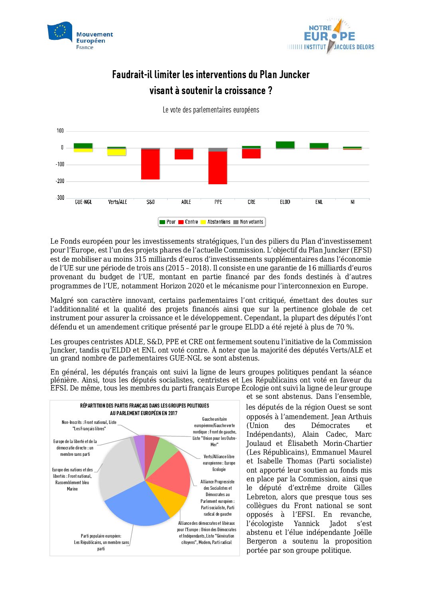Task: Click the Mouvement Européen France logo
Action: tap(80, 36)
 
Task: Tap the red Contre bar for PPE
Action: tap(218, 167)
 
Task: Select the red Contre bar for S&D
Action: tap(150, 164)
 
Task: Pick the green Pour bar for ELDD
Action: tap(285, 145)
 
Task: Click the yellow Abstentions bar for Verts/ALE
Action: tap(116, 152)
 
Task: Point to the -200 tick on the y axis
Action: tap(60, 181)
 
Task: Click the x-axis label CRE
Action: tap(251, 202)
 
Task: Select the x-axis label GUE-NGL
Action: tap(83, 202)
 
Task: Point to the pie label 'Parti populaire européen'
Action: tap(101, 536)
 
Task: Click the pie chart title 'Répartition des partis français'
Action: tap(144, 406)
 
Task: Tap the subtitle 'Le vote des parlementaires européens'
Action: tap(211, 110)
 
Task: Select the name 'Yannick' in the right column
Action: tap(306, 524)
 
